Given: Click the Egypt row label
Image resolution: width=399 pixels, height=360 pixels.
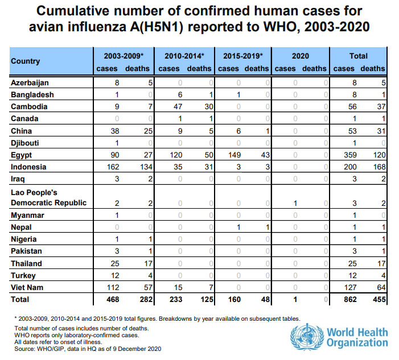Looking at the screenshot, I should [x=22, y=155].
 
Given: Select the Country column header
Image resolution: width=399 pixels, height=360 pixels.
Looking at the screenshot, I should [x=26, y=61].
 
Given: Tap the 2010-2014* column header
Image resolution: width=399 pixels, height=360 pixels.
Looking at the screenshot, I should [x=184, y=56].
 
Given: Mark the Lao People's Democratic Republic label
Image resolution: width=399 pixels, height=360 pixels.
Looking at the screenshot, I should [x=49, y=198].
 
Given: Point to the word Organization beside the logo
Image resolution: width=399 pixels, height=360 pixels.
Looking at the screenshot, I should [x=357, y=343].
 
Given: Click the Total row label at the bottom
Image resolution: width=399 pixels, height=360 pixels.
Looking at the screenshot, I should [x=20, y=299].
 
